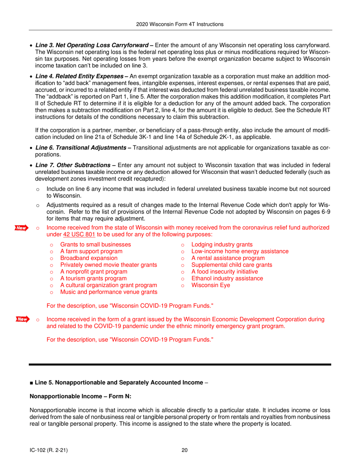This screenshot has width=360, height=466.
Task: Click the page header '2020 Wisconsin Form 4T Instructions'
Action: coord(180,24)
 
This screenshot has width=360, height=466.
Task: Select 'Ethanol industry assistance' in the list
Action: coord(227,278)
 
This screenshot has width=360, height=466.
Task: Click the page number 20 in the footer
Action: coord(185,450)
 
